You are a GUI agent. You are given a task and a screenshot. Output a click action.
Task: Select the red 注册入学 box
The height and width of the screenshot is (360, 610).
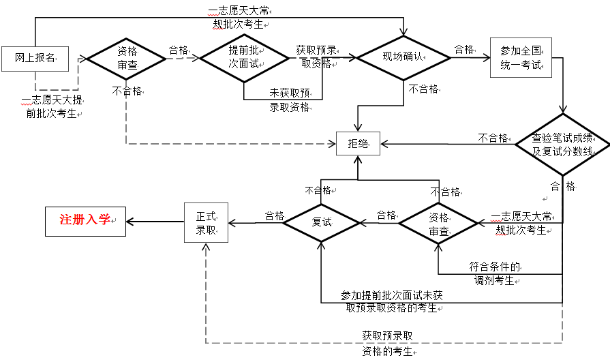coord(85,221)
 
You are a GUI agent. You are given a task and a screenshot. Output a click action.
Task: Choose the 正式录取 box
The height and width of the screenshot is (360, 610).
coord(206,222)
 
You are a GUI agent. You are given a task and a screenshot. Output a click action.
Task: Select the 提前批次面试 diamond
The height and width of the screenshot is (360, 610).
coord(243,58)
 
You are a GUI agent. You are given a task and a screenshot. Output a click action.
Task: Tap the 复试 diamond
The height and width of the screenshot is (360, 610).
coord(321,222)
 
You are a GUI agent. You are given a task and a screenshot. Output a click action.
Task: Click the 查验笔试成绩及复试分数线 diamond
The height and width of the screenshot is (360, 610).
coord(562,145)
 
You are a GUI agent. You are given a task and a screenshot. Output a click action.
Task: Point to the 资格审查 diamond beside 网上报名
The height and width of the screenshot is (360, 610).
coord(127,59)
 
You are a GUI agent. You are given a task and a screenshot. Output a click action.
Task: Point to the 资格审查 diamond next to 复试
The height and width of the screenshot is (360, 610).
coord(438,222)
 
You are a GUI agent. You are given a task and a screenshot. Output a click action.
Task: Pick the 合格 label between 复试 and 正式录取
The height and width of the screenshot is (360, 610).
coord(275,215)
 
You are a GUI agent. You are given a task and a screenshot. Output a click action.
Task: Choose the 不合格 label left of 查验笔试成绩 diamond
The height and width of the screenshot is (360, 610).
coord(493,138)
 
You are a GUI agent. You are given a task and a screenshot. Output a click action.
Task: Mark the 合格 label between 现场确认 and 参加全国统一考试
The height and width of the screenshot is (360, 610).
coord(464,50)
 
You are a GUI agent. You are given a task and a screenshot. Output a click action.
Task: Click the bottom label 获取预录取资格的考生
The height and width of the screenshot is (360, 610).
coord(387,344)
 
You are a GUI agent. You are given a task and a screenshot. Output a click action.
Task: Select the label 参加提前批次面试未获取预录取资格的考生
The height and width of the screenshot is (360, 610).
coord(392,301)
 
